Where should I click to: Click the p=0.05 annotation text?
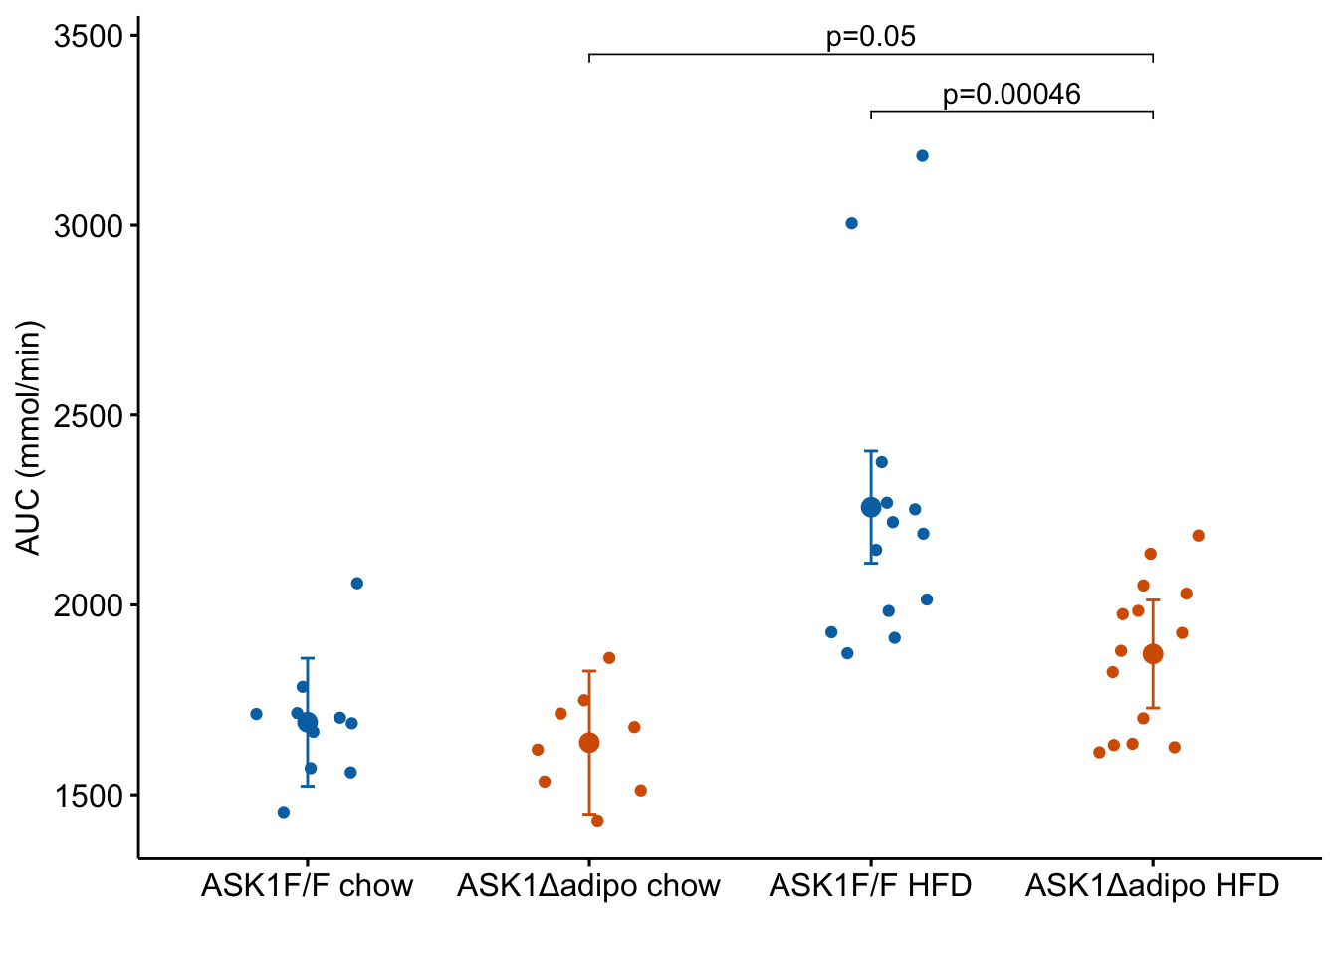point(871,37)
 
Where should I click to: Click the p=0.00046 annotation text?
point(1011,95)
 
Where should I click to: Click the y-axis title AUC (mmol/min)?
point(29,438)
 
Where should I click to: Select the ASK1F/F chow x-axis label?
point(307,886)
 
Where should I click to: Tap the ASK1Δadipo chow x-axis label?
point(588,886)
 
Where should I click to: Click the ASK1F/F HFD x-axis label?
point(870,886)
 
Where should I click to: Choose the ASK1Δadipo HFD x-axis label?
point(1152,886)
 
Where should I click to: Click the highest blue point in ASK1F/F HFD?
point(922,156)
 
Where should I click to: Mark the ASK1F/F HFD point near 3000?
point(851,223)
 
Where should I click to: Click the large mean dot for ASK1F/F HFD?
point(871,508)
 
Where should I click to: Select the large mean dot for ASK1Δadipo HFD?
point(1153,654)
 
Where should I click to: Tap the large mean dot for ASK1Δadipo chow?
point(589,743)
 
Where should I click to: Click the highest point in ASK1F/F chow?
point(357,584)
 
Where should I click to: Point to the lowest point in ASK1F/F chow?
point(284,813)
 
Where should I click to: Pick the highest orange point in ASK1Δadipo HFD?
point(1199,536)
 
